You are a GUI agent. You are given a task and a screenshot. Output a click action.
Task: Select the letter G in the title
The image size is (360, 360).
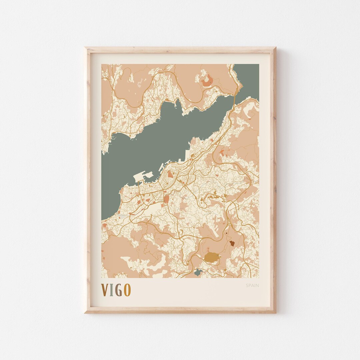tap(119, 290)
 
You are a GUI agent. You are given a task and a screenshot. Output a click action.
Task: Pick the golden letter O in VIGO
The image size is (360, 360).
tap(127, 290)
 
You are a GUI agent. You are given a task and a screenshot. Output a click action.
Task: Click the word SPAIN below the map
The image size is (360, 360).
tap(252, 285)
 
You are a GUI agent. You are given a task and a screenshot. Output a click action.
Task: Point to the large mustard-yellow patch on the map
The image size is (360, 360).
tap(211, 257)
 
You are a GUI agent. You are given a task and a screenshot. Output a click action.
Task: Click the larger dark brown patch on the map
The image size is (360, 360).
tap(232, 243)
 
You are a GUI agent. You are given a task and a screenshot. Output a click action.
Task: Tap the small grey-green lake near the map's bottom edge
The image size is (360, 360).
tap(198, 272)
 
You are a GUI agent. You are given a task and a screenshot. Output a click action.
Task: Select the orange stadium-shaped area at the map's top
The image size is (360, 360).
tap(207, 80)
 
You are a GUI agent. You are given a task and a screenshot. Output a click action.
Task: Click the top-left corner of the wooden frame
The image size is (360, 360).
tap(85, 48)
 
